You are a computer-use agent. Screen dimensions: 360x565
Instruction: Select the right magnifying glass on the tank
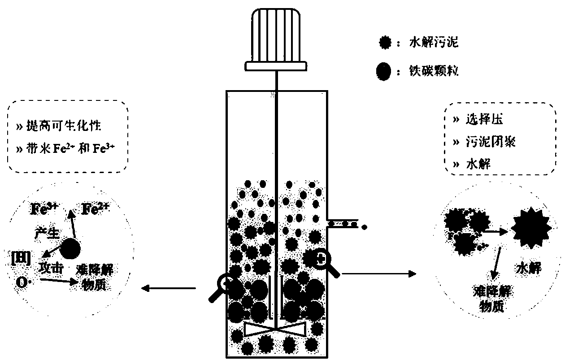coord(324,260)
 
